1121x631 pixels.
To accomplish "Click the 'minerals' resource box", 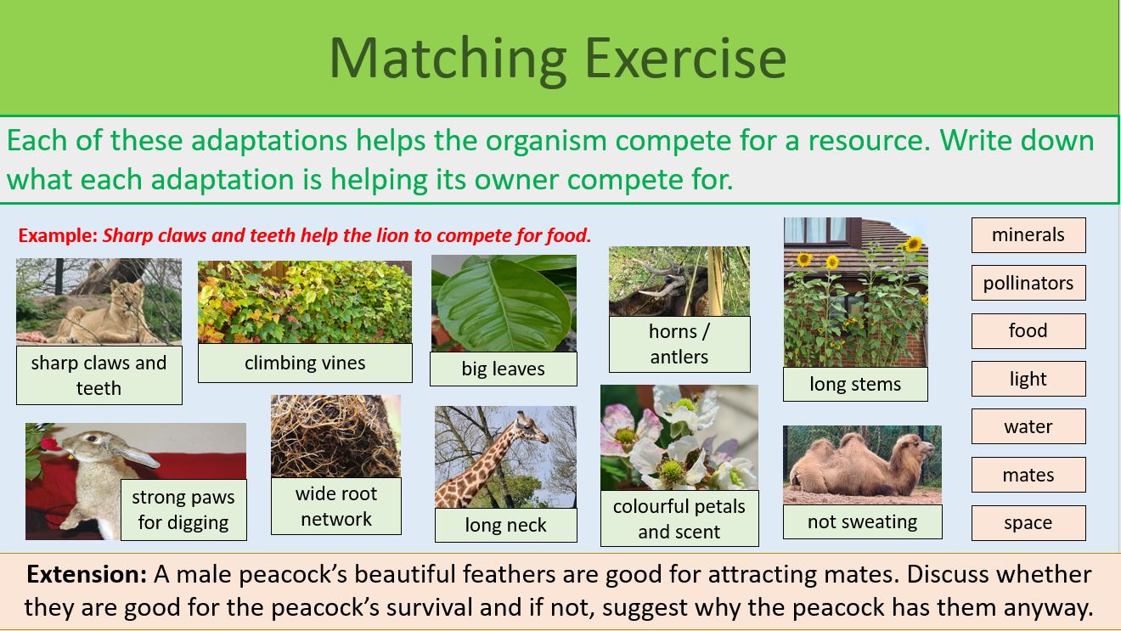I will click(1028, 235).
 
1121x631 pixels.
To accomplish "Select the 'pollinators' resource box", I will click(1028, 283).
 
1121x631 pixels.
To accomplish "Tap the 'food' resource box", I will click(1028, 331).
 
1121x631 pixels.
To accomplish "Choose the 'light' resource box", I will click(1028, 379).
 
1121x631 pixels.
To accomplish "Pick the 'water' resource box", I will click(1028, 426).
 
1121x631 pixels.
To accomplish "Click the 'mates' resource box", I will click(1028, 475).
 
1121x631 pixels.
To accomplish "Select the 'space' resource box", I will click(1028, 523).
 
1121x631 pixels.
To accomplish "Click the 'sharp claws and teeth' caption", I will click(99, 375).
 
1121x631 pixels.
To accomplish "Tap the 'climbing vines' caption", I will click(305, 363).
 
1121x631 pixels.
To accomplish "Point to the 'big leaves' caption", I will click(503, 369).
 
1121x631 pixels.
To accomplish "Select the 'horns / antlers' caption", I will click(679, 344).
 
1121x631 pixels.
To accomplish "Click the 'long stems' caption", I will click(854, 384).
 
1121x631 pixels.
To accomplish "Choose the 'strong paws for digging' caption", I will click(183, 510).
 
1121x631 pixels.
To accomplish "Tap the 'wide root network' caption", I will click(335, 506).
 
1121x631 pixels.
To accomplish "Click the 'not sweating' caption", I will click(862, 521).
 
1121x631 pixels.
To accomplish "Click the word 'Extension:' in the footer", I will click(87, 574).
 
